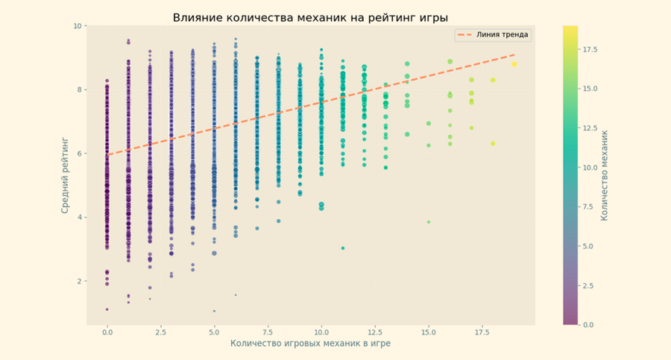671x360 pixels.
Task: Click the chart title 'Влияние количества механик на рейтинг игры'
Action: click(x=310, y=17)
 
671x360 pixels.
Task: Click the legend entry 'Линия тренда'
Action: click(x=499, y=35)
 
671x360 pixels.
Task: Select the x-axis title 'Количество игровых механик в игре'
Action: click(x=310, y=344)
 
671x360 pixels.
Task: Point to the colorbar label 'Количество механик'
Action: click(x=604, y=175)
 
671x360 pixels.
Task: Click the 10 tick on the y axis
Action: click(x=78, y=26)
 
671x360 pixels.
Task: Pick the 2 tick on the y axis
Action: click(x=79, y=282)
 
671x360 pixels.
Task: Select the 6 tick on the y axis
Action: click(x=79, y=154)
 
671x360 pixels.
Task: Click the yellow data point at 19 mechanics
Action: click(x=514, y=64)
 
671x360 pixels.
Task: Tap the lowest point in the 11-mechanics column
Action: click(x=343, y=248)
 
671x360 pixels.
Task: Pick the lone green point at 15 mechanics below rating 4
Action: click(x=429, y=222)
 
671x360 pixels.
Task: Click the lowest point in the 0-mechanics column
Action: click(x=107, y=309)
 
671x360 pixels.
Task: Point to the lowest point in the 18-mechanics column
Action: click(x=493, y=143)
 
